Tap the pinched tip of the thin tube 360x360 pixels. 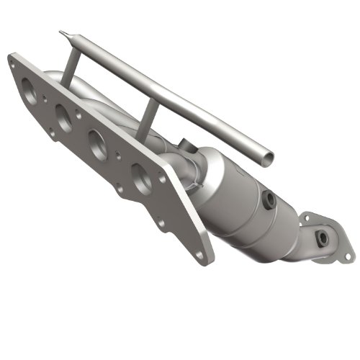tap(63, 32)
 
